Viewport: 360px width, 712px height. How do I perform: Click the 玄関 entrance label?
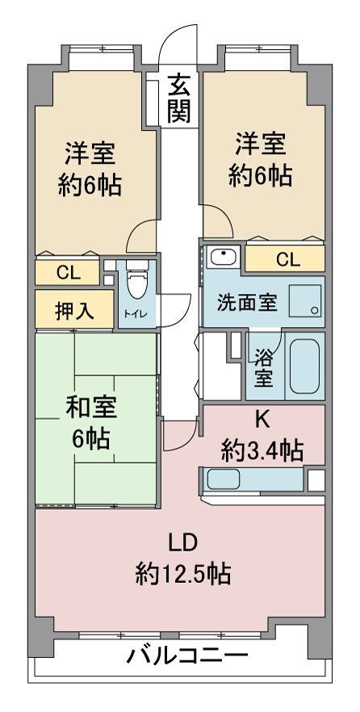click(x=178, y=98)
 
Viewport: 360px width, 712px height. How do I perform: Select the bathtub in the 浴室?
click(x=304, y=366)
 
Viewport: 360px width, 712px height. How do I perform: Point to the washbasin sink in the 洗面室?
click(x=223, y=258)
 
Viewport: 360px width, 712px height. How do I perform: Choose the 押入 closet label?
click(x=74, y=311)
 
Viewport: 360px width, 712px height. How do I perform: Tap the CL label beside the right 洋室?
click(x=288, y=260)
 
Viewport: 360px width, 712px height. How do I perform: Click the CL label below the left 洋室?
click(x=69, y=273)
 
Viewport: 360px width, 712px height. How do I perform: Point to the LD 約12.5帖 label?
click(x=183, y=559)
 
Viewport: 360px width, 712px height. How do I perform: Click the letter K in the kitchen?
click(x=262, y=421)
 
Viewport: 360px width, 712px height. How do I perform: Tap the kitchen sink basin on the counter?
click(x=224, y=480)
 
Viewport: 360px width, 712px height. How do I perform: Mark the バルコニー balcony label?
click(x=187, y=655)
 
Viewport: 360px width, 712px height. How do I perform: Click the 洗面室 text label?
click(x=246, y=303)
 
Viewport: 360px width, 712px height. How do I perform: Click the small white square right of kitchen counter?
click(x=316, y=480)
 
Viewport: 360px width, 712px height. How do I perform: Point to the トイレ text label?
click(x=135, y=313)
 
